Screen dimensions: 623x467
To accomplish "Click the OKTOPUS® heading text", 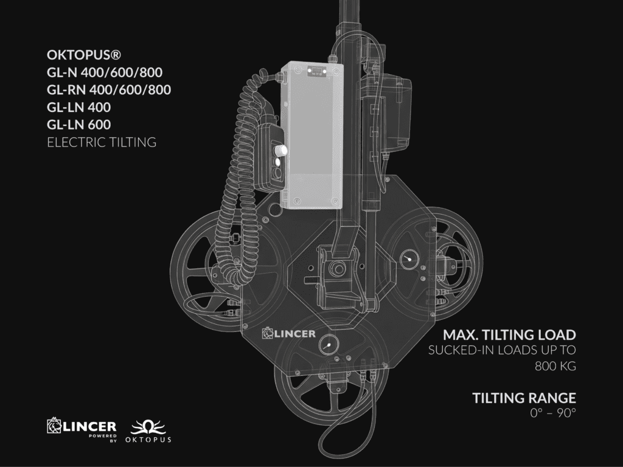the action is [x=84, y=55].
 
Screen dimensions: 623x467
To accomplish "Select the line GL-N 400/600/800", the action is [x=105, y=72].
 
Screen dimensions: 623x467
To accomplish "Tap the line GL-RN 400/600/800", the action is [x=109, y=90].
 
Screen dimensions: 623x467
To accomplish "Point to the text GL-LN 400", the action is [x=78, y=107].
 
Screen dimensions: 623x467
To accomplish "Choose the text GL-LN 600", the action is [x=78, y=125].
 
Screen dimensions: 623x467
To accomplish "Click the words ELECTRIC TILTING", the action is [x=102, y=142].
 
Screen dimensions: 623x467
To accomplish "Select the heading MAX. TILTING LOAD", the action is [x=509, y=335].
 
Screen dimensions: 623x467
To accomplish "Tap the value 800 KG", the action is [x=555, y=365].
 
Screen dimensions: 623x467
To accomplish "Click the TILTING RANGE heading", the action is [x=524, y=398].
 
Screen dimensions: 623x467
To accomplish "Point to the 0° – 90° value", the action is [x=553, y=413].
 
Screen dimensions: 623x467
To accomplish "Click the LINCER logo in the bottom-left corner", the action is [x=82, y=429].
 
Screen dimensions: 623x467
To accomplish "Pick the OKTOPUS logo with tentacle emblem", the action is [x=148, y=431].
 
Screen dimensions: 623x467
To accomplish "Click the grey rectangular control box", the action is [x=312, y=135].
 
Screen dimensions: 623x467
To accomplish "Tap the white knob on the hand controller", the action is [x=281, y=150].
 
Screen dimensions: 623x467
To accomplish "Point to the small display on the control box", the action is [x=316, y=72].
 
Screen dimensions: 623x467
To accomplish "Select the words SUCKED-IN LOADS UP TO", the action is [x=502, y=350].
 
